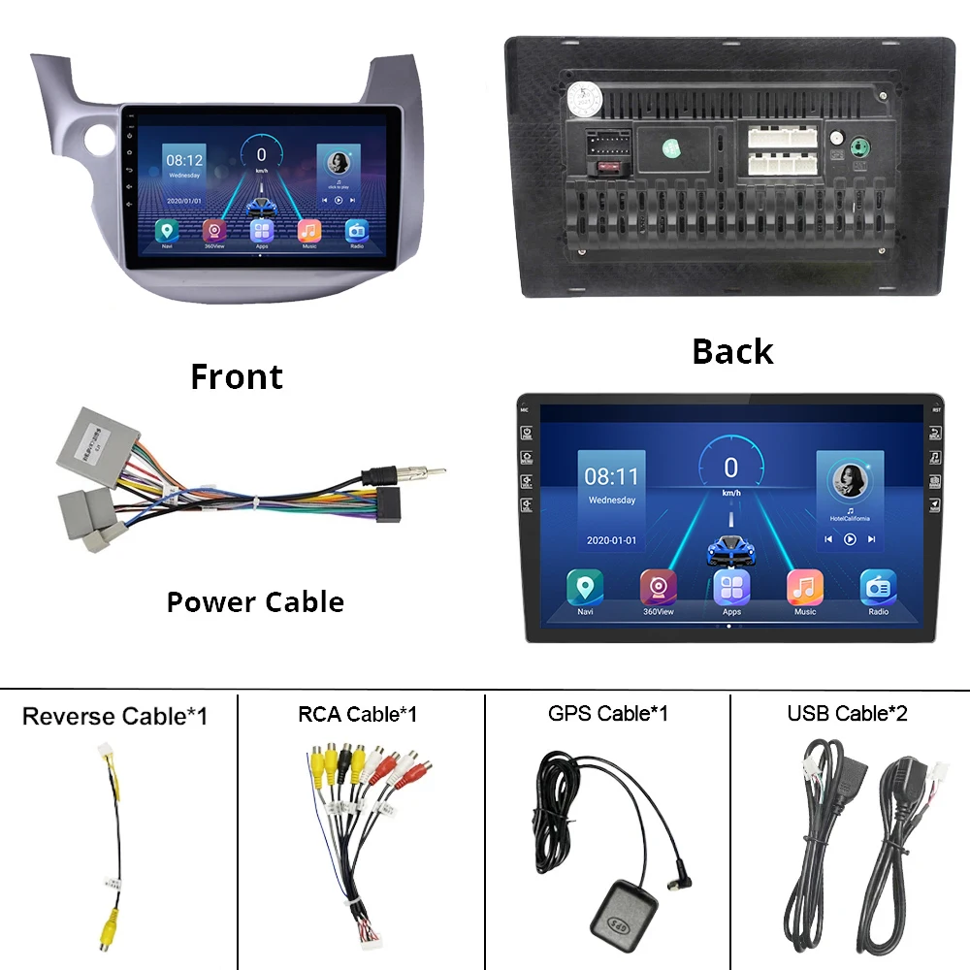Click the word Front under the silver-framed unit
(237, 376)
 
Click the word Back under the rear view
(732, 351)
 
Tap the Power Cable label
(255, 601)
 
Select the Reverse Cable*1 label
(114, 717)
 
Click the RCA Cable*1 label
(357, 714)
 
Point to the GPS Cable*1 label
(607, 714)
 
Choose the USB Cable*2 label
(847, 714)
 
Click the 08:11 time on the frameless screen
(611, 476)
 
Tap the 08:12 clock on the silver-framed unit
(183, 160)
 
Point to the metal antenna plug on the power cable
(417, 475)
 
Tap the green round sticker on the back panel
(671, 148)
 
